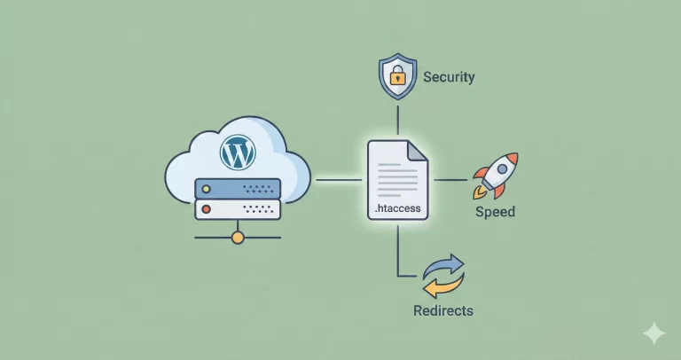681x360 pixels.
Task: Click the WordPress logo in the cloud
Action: pos(237,153)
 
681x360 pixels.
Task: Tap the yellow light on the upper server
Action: pos(207,188)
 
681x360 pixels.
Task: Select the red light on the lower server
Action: pos(207,210)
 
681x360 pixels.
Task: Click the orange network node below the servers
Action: pos(237,238)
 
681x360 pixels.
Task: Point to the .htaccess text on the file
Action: pos(398,210)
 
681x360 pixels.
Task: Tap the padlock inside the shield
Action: pos(397,77)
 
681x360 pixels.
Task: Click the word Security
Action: pos(449,77)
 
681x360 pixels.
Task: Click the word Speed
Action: pos(495,213)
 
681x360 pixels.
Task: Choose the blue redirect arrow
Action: pos(446,265)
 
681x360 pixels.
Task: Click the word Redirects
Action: pos(443,310)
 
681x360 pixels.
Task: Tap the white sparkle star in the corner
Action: pos(654,333)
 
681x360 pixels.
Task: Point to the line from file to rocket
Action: pos(450,180)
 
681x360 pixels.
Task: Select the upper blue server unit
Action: pos(237,188)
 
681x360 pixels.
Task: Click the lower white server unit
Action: pos(237,210)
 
